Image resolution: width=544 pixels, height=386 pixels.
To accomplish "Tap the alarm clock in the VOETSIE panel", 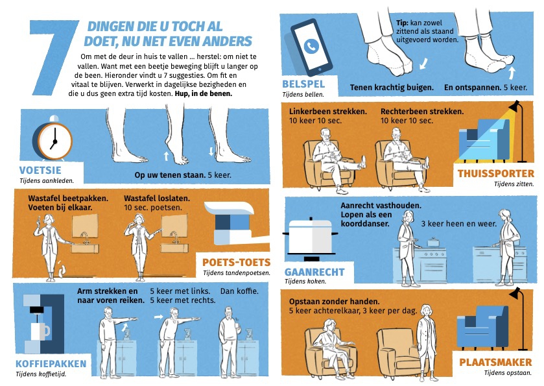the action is tap(53, 139).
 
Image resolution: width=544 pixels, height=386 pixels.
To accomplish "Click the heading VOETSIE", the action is tap(40, 170).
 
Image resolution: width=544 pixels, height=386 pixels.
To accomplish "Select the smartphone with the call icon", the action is tap(311, 47).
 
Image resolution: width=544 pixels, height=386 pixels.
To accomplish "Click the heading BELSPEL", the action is tap(303, 84).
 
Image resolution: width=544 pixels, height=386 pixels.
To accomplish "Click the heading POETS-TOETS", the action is tap(236, 263).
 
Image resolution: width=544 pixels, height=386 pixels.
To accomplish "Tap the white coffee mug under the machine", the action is tap(41, 331).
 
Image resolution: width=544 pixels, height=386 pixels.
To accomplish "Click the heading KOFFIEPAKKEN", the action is tap(51, 364).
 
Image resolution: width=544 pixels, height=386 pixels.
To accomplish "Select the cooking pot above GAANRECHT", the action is tap(310, 239).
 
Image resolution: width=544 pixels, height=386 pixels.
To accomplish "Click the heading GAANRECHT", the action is tap(314, 272).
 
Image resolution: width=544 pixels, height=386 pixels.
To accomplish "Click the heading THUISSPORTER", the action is tap(496, 174).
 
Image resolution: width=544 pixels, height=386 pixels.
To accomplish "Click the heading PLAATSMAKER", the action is tap(495, 363).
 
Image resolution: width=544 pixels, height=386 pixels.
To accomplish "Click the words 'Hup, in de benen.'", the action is tap(204, 93).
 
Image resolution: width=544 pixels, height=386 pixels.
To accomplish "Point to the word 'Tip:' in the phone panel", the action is tap(402, 23).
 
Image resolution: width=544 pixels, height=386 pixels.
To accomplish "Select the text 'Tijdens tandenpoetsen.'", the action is tap(236, 273).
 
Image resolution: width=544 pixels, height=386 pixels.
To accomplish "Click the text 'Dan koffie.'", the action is tap(239, 291).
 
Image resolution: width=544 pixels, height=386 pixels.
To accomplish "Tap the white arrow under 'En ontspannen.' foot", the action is tap(512, 72).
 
